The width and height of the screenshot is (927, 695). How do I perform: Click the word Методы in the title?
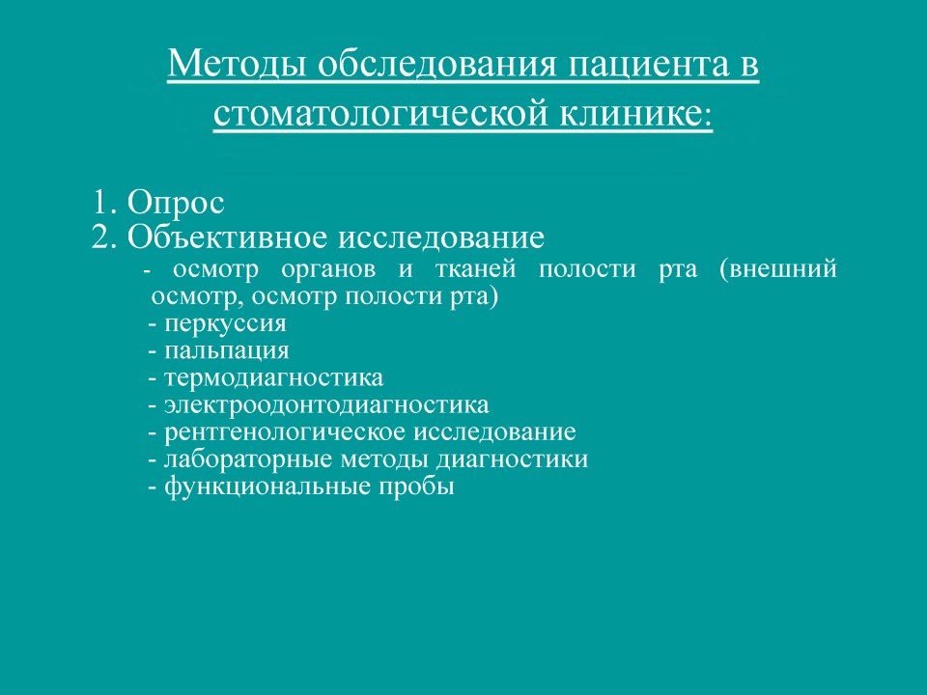tap(237, 64)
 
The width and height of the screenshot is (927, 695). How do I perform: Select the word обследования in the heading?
tap(436, 65)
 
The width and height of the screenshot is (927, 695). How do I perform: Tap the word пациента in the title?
tap(649, 65)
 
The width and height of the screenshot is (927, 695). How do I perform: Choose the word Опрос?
tap(176, 204)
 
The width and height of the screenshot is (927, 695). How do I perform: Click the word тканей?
tap(475, 269)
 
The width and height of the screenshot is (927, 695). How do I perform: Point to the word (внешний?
tap(778, 269)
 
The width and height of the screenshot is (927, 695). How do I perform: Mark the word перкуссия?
tap(225, 324)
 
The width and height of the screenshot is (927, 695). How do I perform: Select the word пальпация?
tap(226, 351)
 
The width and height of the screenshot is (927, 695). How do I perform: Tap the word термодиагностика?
tap(273, 378)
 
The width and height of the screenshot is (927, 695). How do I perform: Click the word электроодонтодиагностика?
tap(327, 405)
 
